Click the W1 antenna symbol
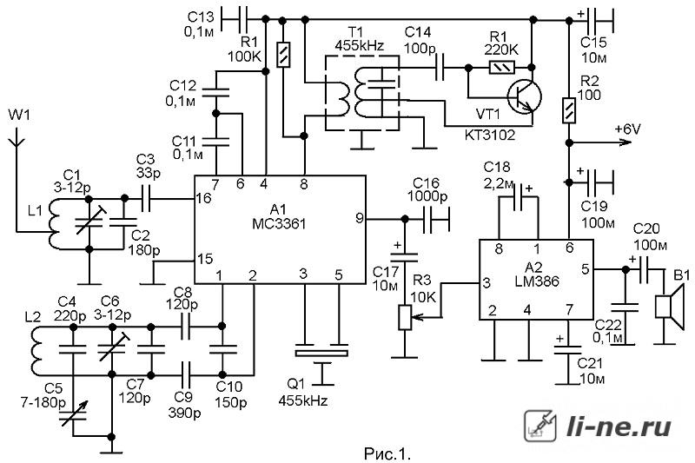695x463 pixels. (17, 138)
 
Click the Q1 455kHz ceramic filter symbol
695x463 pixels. (321, 354)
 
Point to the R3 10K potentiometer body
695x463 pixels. (405, 317)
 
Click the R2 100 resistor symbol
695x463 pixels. (569, 110)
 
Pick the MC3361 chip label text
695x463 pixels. (279, 224)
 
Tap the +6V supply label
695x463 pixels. (627, 129)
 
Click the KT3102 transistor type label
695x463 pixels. (490, 135)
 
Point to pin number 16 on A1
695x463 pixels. (204, 198)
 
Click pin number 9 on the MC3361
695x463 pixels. (360, 218)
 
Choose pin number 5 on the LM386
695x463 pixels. (585, 269)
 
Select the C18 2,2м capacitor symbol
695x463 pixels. (519, 197)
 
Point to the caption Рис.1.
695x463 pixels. (387, 453)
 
